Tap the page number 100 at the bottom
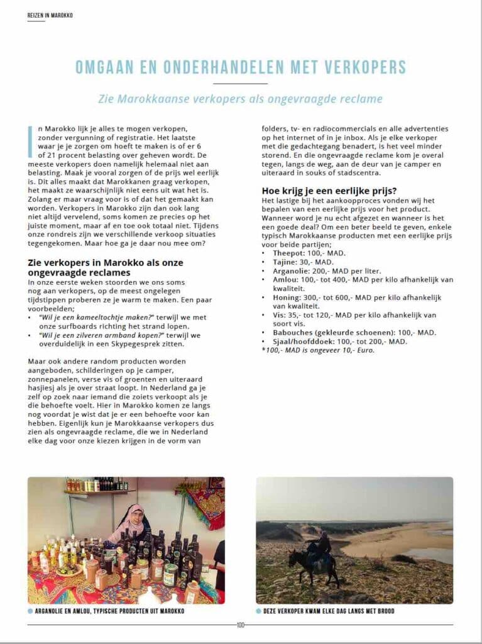click(x=240, y=625)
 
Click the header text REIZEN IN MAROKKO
click(x=50, y=15)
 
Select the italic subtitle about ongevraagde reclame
click(x=241, y=99)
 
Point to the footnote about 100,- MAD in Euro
click(x=318, y=350)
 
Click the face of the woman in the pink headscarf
click(x=138, y=516)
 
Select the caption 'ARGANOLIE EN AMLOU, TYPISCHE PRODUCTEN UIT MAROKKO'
click(x=110, y=611)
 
